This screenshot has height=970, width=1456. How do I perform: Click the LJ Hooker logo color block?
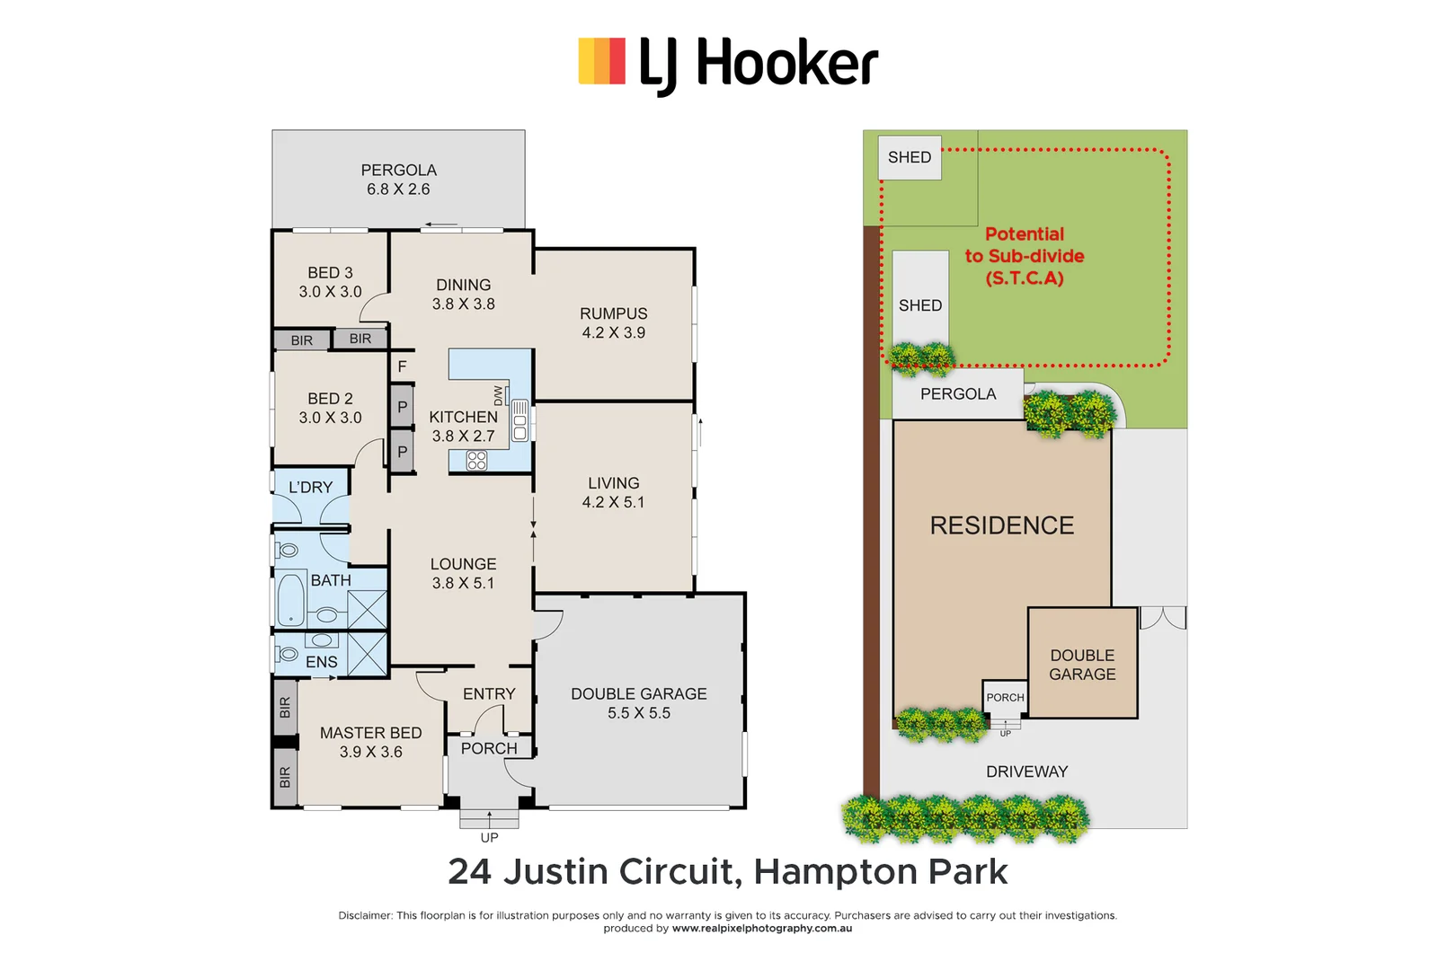pyautogui.click(x=601, y=61)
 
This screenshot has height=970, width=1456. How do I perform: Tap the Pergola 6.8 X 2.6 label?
pyautogui.click(x=398, y=180)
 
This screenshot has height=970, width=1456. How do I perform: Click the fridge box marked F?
pyautogui.click(x=402, y=366)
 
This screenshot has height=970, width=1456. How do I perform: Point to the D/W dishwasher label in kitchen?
pyautogui.click(x=499, y=395)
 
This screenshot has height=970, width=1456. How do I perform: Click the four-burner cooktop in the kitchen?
pyautogui.click(x=476, y=461)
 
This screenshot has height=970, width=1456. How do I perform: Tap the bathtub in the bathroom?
pyautogui.click(x=290, y=599)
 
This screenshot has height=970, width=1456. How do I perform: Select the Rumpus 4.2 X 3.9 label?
pyautogui.click(x=613, y=322)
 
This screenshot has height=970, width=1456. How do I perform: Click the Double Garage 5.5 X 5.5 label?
pyautogui.click(x=638, y=703)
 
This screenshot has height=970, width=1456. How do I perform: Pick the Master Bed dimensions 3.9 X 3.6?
pyautogui.click(x=370, y=753)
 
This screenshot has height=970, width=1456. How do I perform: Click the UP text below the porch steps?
pyautogui.click(x=489, y=837)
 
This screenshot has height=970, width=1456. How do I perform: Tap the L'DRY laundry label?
pyautogui.click(x=310, y=487)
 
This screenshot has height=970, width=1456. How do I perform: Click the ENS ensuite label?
pyautogui.click(x=321, y=662)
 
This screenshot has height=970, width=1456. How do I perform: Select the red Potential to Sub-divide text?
pyautogui.click(x=1025, y=256)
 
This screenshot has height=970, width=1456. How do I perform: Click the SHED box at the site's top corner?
pyautogui.click(x=910, y=157)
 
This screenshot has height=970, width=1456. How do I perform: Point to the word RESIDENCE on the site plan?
pyautogui.click(x=1001, y=525)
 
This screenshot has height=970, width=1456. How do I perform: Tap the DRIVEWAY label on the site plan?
pyautogui.click(x=1026, y=772)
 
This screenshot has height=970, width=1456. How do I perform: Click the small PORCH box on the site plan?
pyautogui.click(x=1005, y=697)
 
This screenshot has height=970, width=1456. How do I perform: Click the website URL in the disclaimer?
pyautogui.click(x=761, y=929)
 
